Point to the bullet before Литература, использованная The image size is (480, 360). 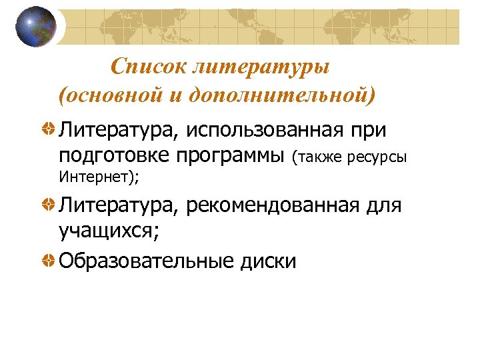point(49,128)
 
